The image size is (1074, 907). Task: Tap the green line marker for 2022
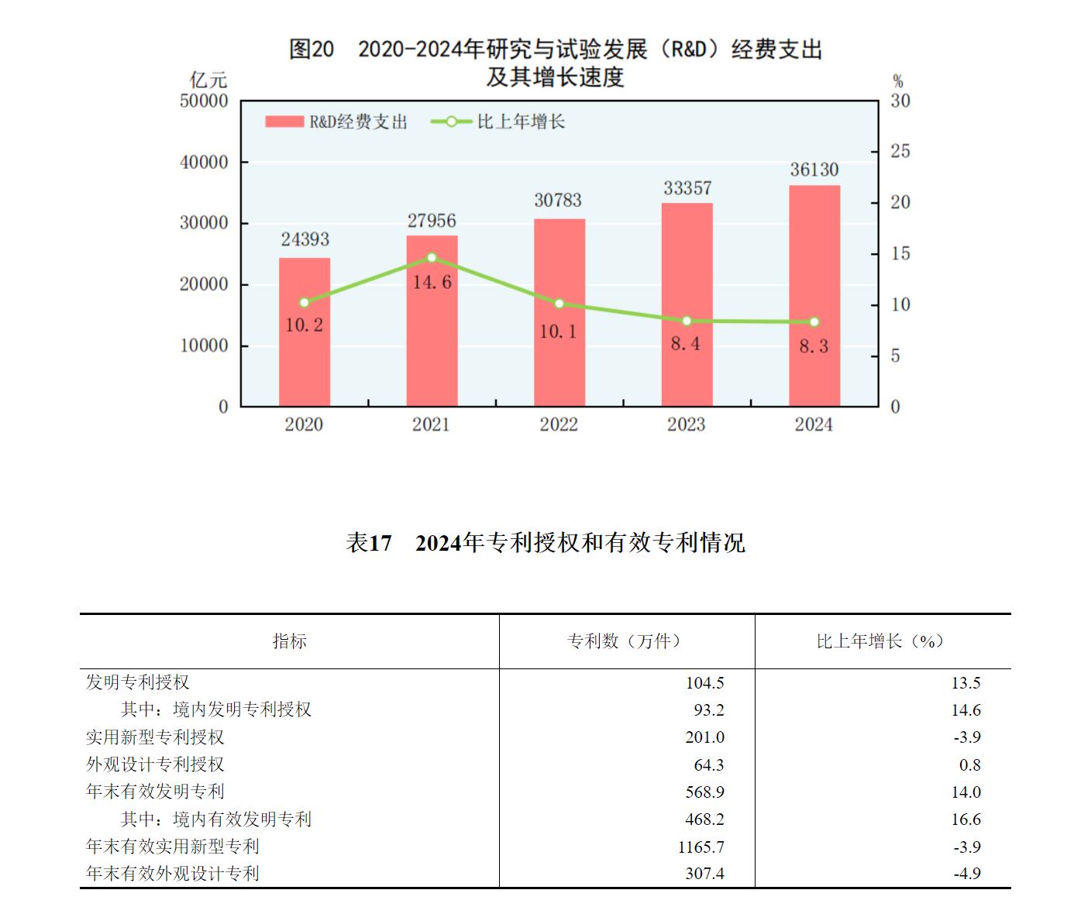559,304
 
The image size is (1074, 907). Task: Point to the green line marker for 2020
304,303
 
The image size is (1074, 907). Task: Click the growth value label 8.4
685,343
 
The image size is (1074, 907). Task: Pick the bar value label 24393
305,239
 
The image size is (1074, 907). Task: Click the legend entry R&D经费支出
336,122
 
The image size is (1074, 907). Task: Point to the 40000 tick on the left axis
204,162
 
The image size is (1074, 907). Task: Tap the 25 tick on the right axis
900,151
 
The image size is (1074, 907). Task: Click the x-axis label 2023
686,424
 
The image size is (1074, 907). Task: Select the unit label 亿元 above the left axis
208,80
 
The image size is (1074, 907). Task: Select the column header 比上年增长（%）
880,641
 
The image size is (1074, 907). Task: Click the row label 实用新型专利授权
155,737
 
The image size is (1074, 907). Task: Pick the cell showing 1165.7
701,847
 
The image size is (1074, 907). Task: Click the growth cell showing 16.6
966,819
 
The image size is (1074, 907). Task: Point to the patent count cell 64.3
708,765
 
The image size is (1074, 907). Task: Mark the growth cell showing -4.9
966,874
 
